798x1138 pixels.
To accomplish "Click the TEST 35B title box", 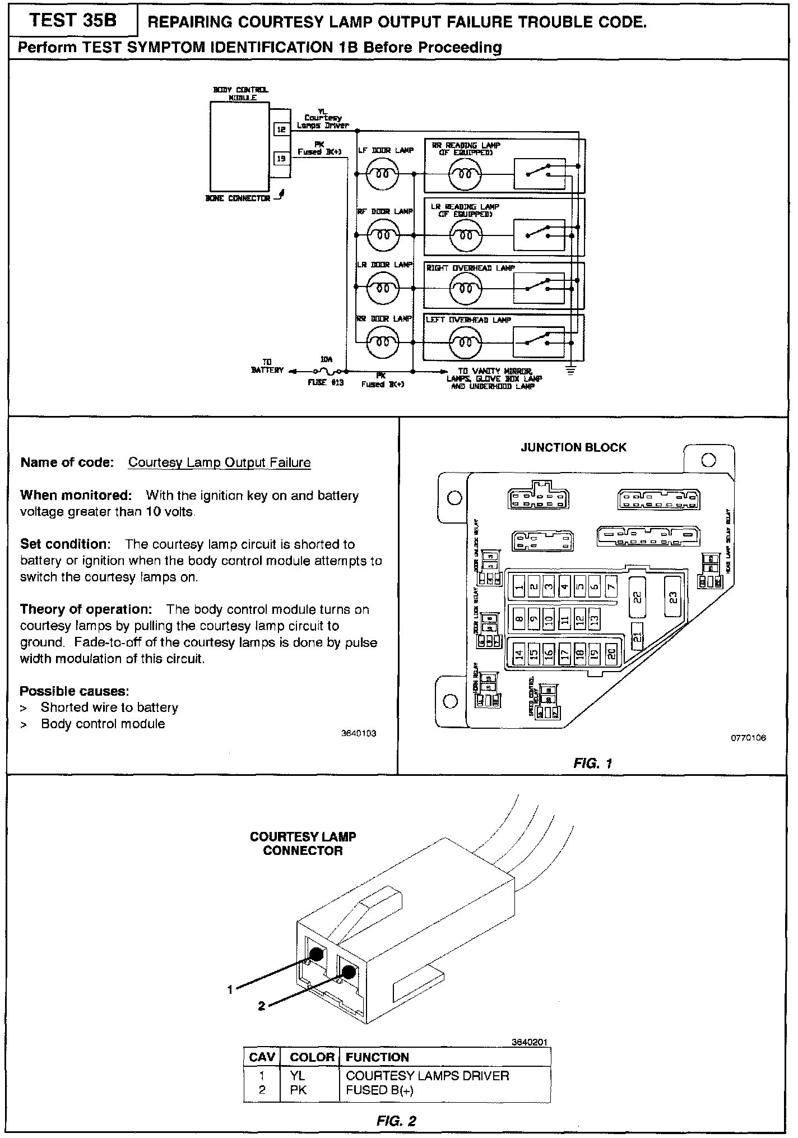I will [x=72, y=21].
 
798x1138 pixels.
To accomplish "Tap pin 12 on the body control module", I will [x=281, y=129].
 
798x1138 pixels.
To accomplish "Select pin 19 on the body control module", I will [x=281, y=159].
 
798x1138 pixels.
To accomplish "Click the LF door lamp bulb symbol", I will [x=382, y=174].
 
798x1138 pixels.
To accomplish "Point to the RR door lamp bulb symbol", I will [x=382, y=340].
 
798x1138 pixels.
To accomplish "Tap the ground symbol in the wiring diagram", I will [x=570, y=371].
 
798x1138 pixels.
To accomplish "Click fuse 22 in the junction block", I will [x=637, y=598].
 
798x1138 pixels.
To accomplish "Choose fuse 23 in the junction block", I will [x=673, y=598].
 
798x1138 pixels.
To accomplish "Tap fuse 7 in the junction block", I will [x=611, y=587].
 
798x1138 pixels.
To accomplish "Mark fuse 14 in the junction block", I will [x=519, y=653].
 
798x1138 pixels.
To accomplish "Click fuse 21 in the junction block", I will [x=637, y=636].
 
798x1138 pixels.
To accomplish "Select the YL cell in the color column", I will [x=298, y=1076].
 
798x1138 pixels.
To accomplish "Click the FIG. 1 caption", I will [x=593, y=763].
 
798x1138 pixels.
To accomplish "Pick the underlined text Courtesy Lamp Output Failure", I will [x=219, y=462].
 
